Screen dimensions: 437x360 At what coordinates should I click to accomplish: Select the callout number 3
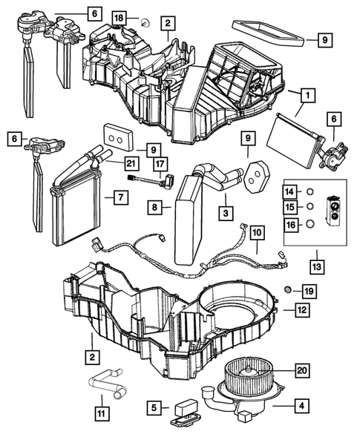224,214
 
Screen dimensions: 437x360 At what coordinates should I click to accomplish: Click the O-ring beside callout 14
311,192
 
